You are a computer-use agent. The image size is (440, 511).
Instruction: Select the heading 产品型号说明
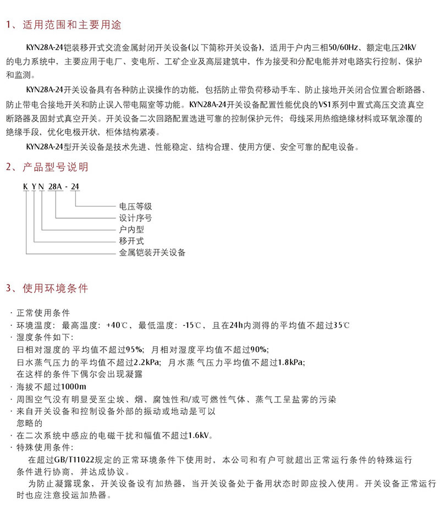pos(55,167)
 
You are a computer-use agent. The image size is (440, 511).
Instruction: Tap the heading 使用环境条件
pos(55,288)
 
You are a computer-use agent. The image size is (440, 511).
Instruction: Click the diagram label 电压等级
pos(135,207)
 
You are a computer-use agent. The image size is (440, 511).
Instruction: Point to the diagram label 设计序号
pos(135,218)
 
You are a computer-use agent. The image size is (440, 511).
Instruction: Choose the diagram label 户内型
pos(131,230)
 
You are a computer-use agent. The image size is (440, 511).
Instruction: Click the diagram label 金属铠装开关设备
pos(152,253)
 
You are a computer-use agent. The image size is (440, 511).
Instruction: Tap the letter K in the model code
pos(25,187)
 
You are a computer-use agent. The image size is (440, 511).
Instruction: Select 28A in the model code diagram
pos(56,187)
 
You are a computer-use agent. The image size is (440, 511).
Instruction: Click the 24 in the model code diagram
pos(76,187)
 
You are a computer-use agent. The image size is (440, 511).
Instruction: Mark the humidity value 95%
pos(135,349)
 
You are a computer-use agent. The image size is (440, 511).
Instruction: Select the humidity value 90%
pos(259,349)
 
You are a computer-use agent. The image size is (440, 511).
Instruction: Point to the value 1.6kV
pos(200,436)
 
